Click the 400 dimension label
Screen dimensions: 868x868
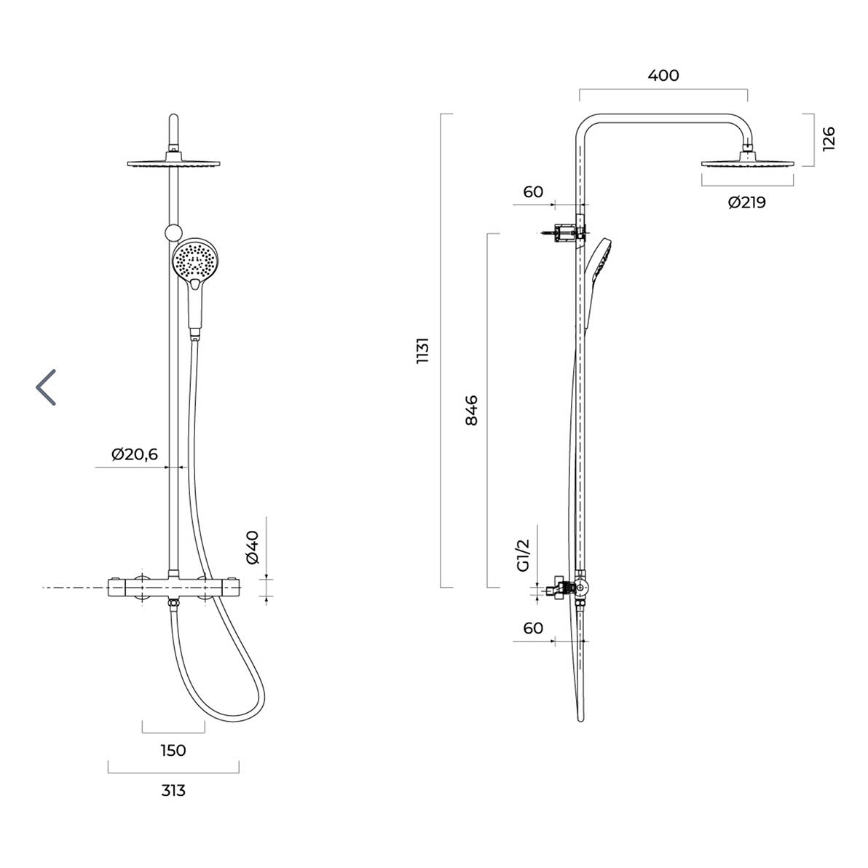[x=663, y=75]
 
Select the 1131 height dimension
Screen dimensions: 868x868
[x=422, y=350]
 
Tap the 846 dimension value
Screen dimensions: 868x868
[x=471, y=410]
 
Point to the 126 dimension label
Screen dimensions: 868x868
[x=828, y=139]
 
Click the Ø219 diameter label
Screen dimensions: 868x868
[x=747, y=202]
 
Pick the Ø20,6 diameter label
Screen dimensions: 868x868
[x=135, y=454]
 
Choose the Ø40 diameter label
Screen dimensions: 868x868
[x=252, y=547]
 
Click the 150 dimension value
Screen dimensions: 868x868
[x=173, y=750]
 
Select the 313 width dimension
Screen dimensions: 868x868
[x=173, y=791]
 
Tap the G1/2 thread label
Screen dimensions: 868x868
[x=523, y=555]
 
